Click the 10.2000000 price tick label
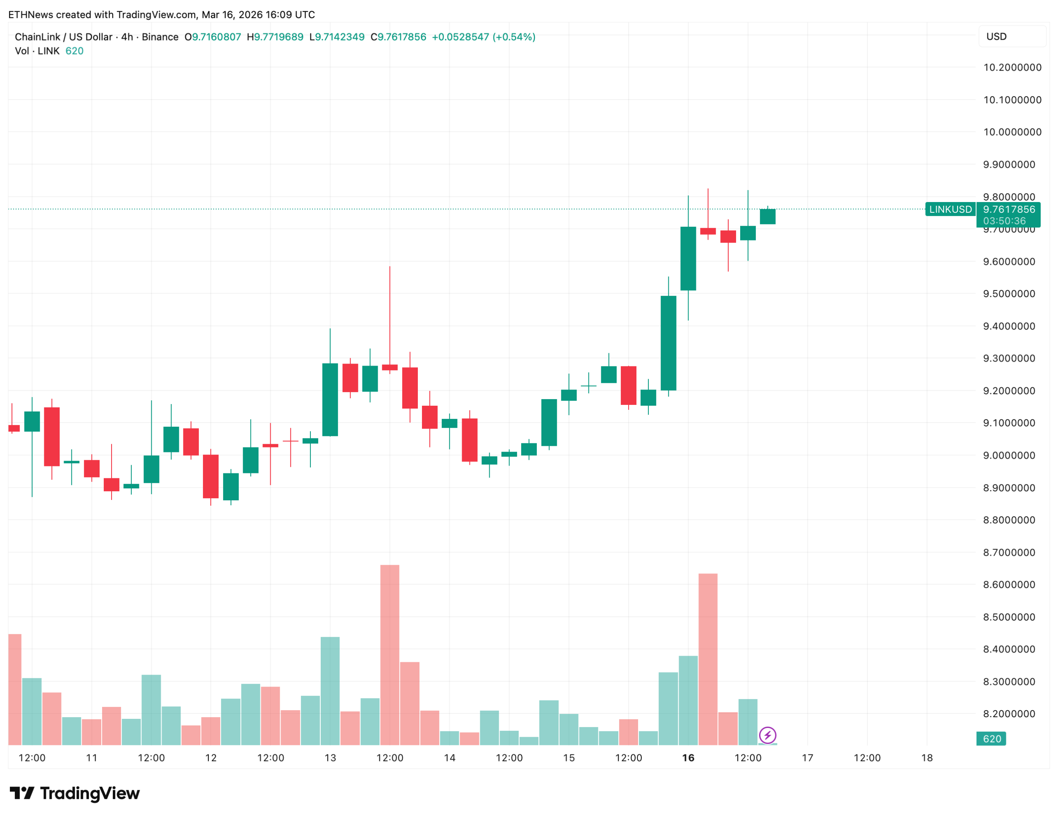click(x=1012, y=67)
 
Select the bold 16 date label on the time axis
click(x=688, y=758)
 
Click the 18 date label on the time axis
click(x=927, y=758)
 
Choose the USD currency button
click(x=996, y=37)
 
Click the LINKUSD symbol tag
click(x=950, y=209)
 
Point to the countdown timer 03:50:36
click(x=1004, y=221)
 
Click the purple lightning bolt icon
click(x=767, y=735)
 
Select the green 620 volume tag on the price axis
click(x=991, y=739)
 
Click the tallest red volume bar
click(x=389, y=654)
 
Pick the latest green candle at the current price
click(x=767, y=216)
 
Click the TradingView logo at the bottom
click(x=75, y=793)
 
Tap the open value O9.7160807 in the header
click(x=213, y=37)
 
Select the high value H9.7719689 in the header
click(x=275, y=37)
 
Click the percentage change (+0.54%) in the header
click(x=513, y=37)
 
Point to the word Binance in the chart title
click(x=160, y=37)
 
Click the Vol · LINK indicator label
click(x=37, y=51)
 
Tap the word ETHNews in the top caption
click(x=31, y=14)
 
